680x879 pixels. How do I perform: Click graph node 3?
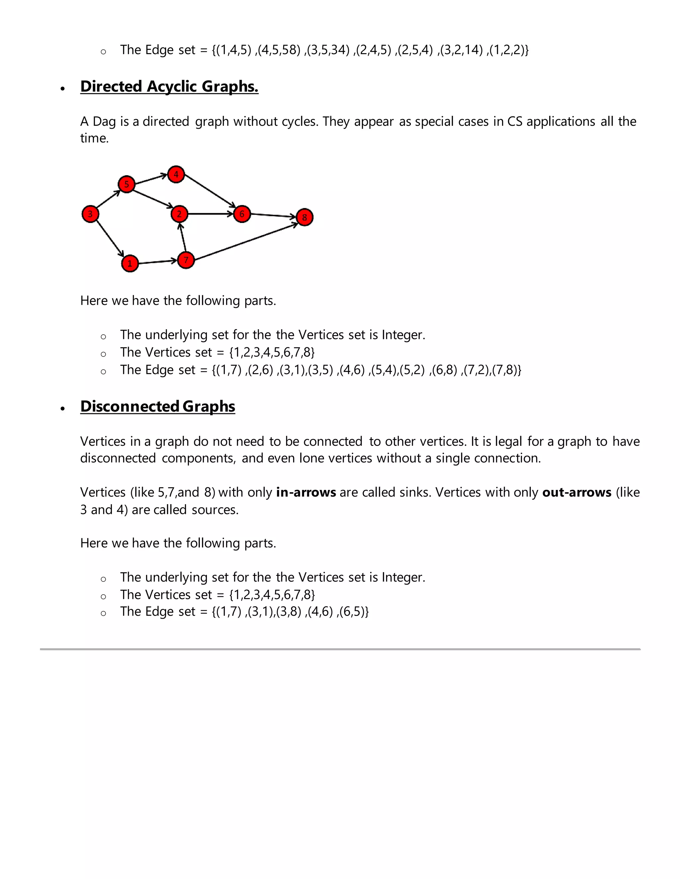[x=90, y=214]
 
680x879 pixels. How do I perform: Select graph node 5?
[x=127, y=184]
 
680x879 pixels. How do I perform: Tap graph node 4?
[x=176, y=174]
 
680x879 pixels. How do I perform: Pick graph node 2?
[x=179, y=214]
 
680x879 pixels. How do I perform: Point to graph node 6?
[x=242, y=214]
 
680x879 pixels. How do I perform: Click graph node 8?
[x=304, y=217]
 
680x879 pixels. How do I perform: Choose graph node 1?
[x=130, y=264]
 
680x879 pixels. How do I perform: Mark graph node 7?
[x=186, y=260]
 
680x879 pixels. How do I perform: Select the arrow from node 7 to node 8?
[x=246, y=241]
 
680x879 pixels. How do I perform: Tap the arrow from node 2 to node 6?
[x=210, y=214]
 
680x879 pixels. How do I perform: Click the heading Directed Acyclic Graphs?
[x=169, y=87]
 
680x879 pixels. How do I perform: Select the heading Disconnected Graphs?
[x=157, y=407]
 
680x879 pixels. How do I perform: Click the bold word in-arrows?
[x=306, y=492]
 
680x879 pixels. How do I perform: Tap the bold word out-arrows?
[x=576, y=492]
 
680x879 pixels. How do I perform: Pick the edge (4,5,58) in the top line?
[x=279, y=50]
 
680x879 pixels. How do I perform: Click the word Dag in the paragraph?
[x=104, y=121]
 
